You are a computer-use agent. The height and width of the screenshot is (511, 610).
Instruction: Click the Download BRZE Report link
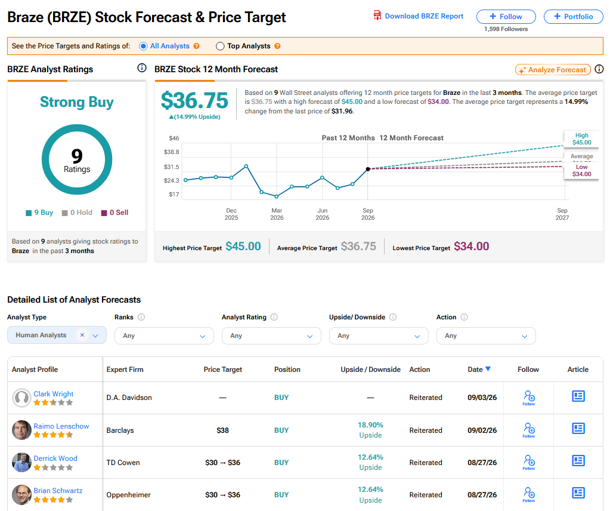click(x=419, y=16)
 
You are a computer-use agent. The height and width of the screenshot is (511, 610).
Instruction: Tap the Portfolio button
click(x=574, y=16)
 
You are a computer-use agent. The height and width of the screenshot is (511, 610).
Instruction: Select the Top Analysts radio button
click(x=220, y=46)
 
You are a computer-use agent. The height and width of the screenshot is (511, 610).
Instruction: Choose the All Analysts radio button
click(x=143, y=46)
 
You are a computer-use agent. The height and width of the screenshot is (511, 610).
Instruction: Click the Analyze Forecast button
click(x=553, y=70)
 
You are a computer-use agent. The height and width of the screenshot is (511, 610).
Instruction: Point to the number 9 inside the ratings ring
click(x=77, y=156)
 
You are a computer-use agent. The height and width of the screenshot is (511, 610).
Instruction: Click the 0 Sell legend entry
click(x=114, y=213)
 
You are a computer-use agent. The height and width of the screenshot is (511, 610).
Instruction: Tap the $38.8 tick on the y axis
click(x=172, y=152)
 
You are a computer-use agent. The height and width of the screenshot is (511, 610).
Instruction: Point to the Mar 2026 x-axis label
click(x=277, y=214)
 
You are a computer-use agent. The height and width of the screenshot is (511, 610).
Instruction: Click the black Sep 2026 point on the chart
click(x=368, y=169)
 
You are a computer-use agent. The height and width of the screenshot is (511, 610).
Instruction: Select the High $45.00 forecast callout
click(x=581, y=138)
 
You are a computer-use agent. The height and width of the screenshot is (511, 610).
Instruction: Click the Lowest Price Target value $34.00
click(x=472, y=246)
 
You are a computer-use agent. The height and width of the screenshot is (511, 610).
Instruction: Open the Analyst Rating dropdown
click(x=271, y=335)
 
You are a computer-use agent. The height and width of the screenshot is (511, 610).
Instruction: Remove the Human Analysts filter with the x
click(x=82, y=335)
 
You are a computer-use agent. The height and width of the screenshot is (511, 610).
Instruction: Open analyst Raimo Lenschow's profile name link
click(x=61, y=426)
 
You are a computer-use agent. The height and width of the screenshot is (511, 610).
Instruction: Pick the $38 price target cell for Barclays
click(x=222, y=430)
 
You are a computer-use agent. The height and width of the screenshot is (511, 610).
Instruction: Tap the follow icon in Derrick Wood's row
click(x=529, y=462)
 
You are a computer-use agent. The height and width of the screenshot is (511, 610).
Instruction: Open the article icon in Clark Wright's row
click(x=578, y=396)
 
